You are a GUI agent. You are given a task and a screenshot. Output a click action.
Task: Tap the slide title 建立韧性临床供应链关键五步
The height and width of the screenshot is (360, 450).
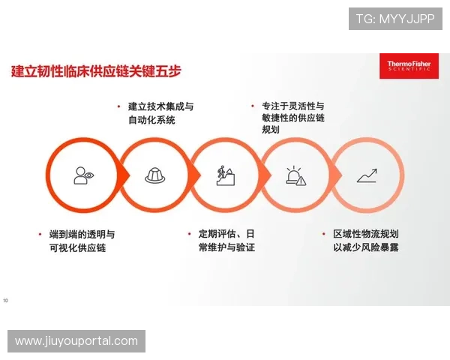point(95,73)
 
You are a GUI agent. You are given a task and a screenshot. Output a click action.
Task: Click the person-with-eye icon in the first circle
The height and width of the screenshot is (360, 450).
point(83,175)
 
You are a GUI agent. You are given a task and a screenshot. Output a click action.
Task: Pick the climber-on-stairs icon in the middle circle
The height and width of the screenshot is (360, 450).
point(225,175)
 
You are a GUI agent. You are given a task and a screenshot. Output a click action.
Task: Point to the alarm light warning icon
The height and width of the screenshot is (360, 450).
point(295,175)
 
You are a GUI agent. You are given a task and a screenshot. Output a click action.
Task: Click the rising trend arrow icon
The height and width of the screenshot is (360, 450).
point(367,175)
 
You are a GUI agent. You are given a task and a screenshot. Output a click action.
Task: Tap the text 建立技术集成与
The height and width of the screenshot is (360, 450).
point(160,106)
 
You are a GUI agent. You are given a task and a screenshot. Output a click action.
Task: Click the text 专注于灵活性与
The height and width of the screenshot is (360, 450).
point(293,106)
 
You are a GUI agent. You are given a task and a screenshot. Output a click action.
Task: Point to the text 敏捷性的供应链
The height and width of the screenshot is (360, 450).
point(293,118)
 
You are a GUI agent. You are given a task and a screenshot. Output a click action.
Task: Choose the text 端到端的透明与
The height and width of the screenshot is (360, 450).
point(82,234)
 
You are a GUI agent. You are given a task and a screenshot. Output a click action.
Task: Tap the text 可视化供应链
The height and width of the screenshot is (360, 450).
point(77,247)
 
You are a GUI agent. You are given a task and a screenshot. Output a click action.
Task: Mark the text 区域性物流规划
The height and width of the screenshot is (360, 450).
point(370,234)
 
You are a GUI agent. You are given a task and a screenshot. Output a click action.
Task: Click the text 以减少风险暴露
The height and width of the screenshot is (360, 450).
point(370,247)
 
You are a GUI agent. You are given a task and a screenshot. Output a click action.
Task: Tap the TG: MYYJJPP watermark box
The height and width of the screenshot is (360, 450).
point(395,18)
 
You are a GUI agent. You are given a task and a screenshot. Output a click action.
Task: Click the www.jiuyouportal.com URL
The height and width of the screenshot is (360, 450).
point(77,341)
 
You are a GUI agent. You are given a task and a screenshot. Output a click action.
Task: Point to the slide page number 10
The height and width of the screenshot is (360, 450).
point(6,301)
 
